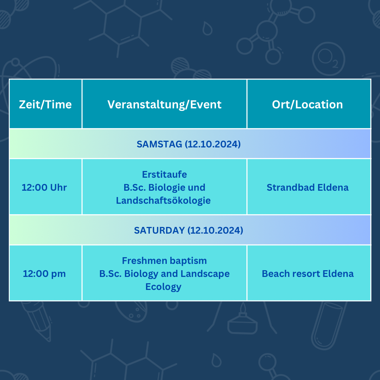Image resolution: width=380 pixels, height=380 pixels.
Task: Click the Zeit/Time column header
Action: pos(45,104)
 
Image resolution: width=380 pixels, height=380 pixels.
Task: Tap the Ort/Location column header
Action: pos(307,104)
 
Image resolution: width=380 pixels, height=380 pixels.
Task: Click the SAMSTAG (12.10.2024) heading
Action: pos(189,144)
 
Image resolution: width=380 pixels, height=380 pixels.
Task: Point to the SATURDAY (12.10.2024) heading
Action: pos(189,230)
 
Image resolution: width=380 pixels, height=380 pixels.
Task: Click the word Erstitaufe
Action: pos(164,175)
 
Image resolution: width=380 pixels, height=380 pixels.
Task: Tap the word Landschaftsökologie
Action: pos(163,201)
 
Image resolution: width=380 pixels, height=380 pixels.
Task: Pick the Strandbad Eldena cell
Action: pos(308,187)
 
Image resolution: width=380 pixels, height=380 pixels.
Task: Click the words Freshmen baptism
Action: pos(164,261)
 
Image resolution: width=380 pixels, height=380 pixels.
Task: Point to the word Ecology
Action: pos(163,287)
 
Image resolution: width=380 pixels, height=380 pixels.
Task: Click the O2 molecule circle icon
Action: pos(328,59)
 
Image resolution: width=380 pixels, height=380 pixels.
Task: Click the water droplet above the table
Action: pos(208,28)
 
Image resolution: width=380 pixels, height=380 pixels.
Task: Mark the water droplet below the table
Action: pos(216,360)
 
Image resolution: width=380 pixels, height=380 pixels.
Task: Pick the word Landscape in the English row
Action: pos(205,274)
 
